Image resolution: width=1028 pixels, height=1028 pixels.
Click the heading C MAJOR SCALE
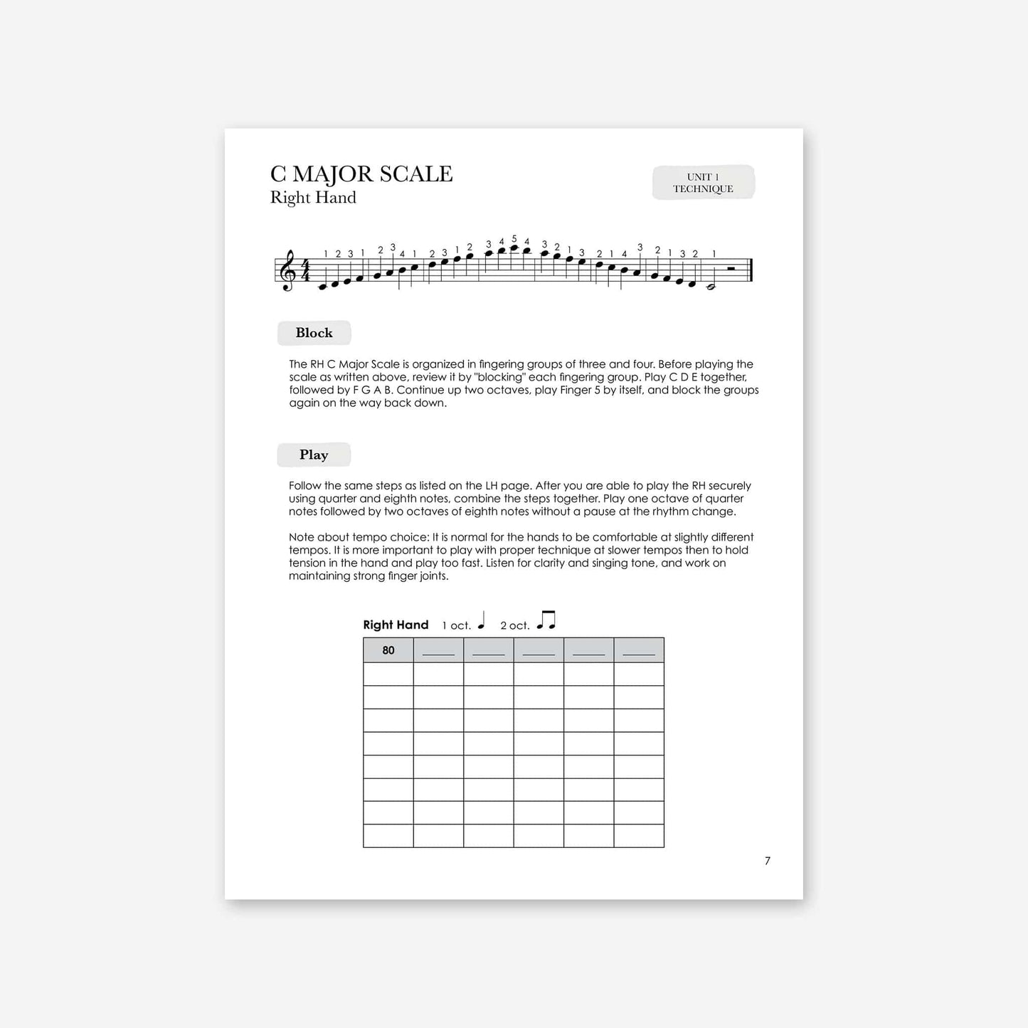361,174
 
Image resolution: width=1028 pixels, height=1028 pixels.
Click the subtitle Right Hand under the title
313,198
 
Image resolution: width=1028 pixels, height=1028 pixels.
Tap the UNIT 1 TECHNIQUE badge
703,183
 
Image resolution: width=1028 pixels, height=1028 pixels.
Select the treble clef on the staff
288,271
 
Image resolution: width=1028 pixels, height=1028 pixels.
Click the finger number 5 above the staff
514,239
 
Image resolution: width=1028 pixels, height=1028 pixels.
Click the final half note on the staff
710,287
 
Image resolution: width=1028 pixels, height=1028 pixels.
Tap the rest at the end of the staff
731,269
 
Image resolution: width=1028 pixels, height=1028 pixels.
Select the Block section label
314,333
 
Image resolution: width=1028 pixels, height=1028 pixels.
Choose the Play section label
314,455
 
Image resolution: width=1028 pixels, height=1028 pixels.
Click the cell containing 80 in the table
388,650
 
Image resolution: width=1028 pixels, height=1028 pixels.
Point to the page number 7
768,861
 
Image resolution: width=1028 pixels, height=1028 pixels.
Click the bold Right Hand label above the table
396,625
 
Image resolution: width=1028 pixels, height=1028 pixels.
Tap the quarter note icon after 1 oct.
482,621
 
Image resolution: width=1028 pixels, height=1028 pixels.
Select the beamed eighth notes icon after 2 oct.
546,620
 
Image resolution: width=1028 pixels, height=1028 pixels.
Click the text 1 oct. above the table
456,625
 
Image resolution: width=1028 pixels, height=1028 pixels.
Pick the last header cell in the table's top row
639,650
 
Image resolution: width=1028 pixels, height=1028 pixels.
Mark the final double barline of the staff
751,271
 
